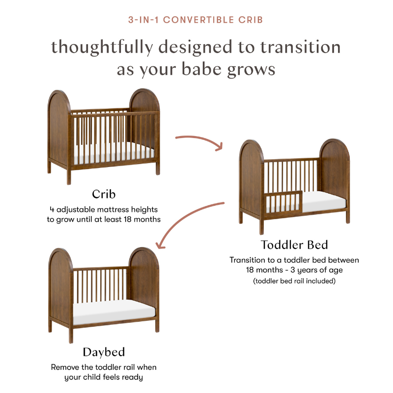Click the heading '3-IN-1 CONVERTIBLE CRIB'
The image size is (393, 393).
click(x=196, y=20)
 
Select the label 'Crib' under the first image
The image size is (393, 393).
click(x=104, y=193)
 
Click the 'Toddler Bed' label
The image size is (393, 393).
click(x=294, y=244)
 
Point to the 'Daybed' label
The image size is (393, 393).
click(x=104, y=352)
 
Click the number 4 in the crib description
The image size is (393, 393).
click(x=52, y=208)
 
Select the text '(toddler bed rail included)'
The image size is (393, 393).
click(x=294, y=281)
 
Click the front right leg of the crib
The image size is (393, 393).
click(x=158, y=167)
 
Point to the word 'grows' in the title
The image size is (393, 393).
click(x=253, y=69)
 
